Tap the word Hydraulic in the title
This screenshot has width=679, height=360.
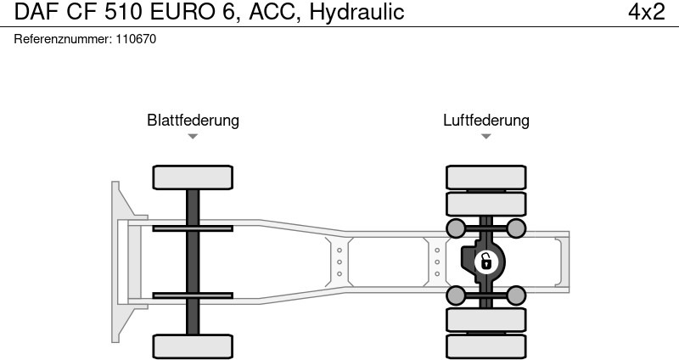pyautogui.click(x=356, y=12)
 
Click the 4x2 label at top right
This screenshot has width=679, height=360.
pyautogui.click(x=646, y=12)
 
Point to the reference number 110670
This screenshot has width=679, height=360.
pyautogui.click(x=136, y=39)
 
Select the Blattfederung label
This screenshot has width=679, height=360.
pyautogui.click(x=193, y=120)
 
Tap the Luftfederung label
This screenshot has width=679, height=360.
pyautogui.click(x=485, y=120)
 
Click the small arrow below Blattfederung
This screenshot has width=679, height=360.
pyautogui.click(x=193, y=136)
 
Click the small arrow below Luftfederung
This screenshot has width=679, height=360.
pyautogui.click(x=485, y=136)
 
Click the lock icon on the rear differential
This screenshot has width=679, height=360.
pyautogui.click(x=485, y=261)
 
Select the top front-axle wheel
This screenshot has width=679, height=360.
pyautogui.click(x=193, y=177)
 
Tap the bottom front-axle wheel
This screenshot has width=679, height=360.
pyautogui.click(x=193, y=346)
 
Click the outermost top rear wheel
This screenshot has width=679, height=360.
pyautogui.click(x=485, y=177)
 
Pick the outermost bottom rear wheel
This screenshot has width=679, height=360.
pyautogui.click(x=485, y=346)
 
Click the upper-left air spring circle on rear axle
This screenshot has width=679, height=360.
pyautogui.click(x=456, y=228)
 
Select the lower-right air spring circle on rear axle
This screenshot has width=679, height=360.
pyautogui.click(x=515, y=295)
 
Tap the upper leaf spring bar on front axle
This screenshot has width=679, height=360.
pyautogui.click(x=193, y=228)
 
